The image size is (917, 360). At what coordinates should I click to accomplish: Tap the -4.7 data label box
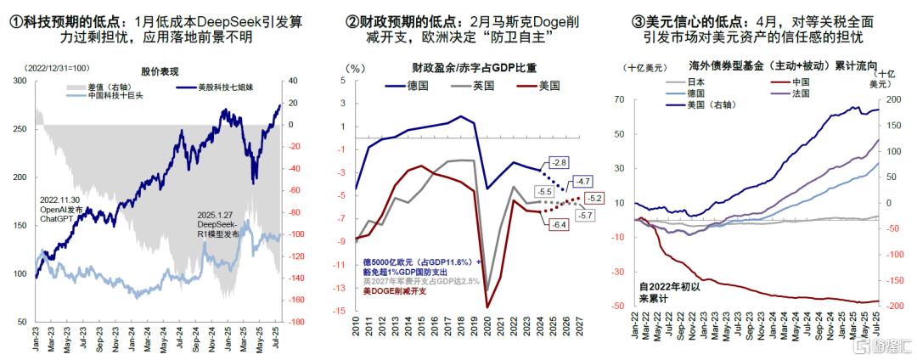click(582, 181)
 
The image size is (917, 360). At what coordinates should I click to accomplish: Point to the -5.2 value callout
click(594, 198)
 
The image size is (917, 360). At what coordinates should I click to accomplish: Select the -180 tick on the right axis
click(298, 323)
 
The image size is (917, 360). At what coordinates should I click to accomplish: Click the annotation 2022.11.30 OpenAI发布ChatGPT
click(60, 208)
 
